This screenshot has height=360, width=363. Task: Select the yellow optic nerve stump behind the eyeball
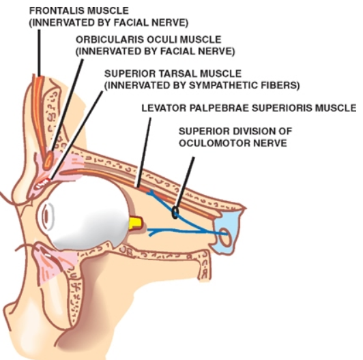coord(136,224)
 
